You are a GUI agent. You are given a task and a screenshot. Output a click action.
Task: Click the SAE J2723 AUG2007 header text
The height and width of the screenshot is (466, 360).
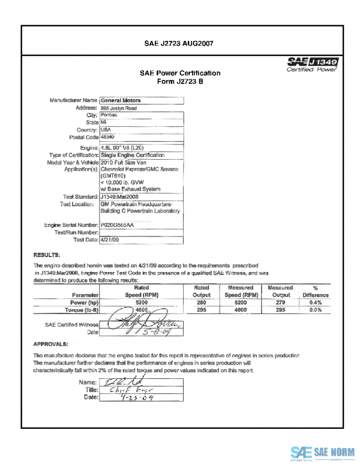180,43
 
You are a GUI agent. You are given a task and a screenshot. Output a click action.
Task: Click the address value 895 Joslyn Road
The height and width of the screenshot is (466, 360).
119,108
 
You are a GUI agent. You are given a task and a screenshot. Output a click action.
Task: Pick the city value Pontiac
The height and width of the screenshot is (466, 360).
109,115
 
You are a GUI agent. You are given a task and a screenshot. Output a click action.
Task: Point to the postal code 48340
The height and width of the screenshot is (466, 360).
108,137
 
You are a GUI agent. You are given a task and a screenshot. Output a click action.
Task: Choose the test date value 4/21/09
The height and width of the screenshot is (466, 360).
110,239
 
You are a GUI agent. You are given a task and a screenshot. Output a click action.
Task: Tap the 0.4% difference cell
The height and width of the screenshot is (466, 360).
316,303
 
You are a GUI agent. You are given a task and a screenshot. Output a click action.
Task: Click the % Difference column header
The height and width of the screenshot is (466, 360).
316,292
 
